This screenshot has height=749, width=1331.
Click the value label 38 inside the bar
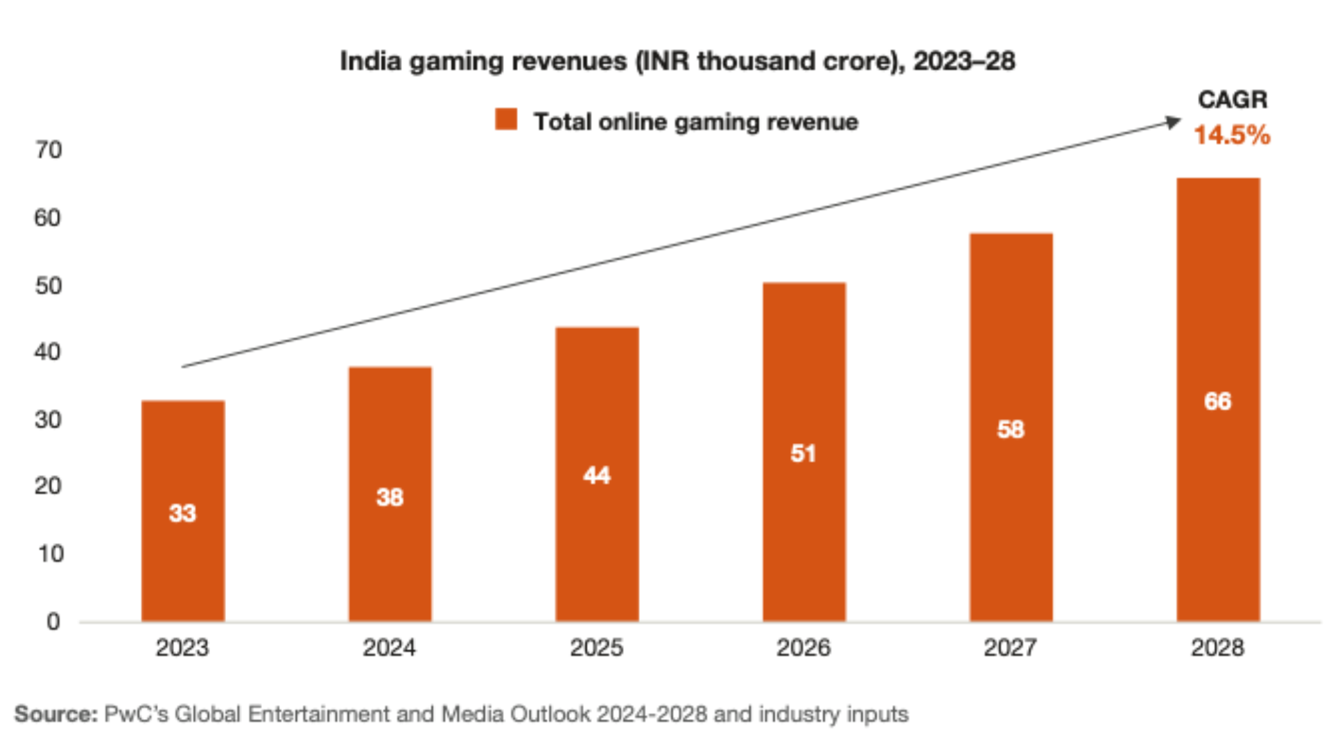(x=390, y=497)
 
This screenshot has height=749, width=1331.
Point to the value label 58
(x=1011, y=429)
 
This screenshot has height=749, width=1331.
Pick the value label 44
(x=597, y=475)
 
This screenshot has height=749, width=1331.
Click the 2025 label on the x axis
(x=596, y=648)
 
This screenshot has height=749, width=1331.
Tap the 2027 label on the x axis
(x=1011, y=648)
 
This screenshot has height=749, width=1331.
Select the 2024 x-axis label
(x=390, y=648)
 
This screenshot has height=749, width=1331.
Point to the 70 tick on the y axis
(x=49, y=150)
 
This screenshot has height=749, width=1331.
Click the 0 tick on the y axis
(x=53, y=621)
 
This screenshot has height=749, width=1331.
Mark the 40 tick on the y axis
(x=49, y=352)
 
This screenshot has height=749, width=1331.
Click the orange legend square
(x=506, y=119)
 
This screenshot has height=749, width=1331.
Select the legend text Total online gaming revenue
(x=695, y=122)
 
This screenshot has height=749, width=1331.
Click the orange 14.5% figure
(x=1232, y=135)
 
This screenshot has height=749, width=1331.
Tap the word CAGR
(x=1233, y=100)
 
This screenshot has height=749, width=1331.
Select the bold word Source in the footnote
(x=55, y=714)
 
